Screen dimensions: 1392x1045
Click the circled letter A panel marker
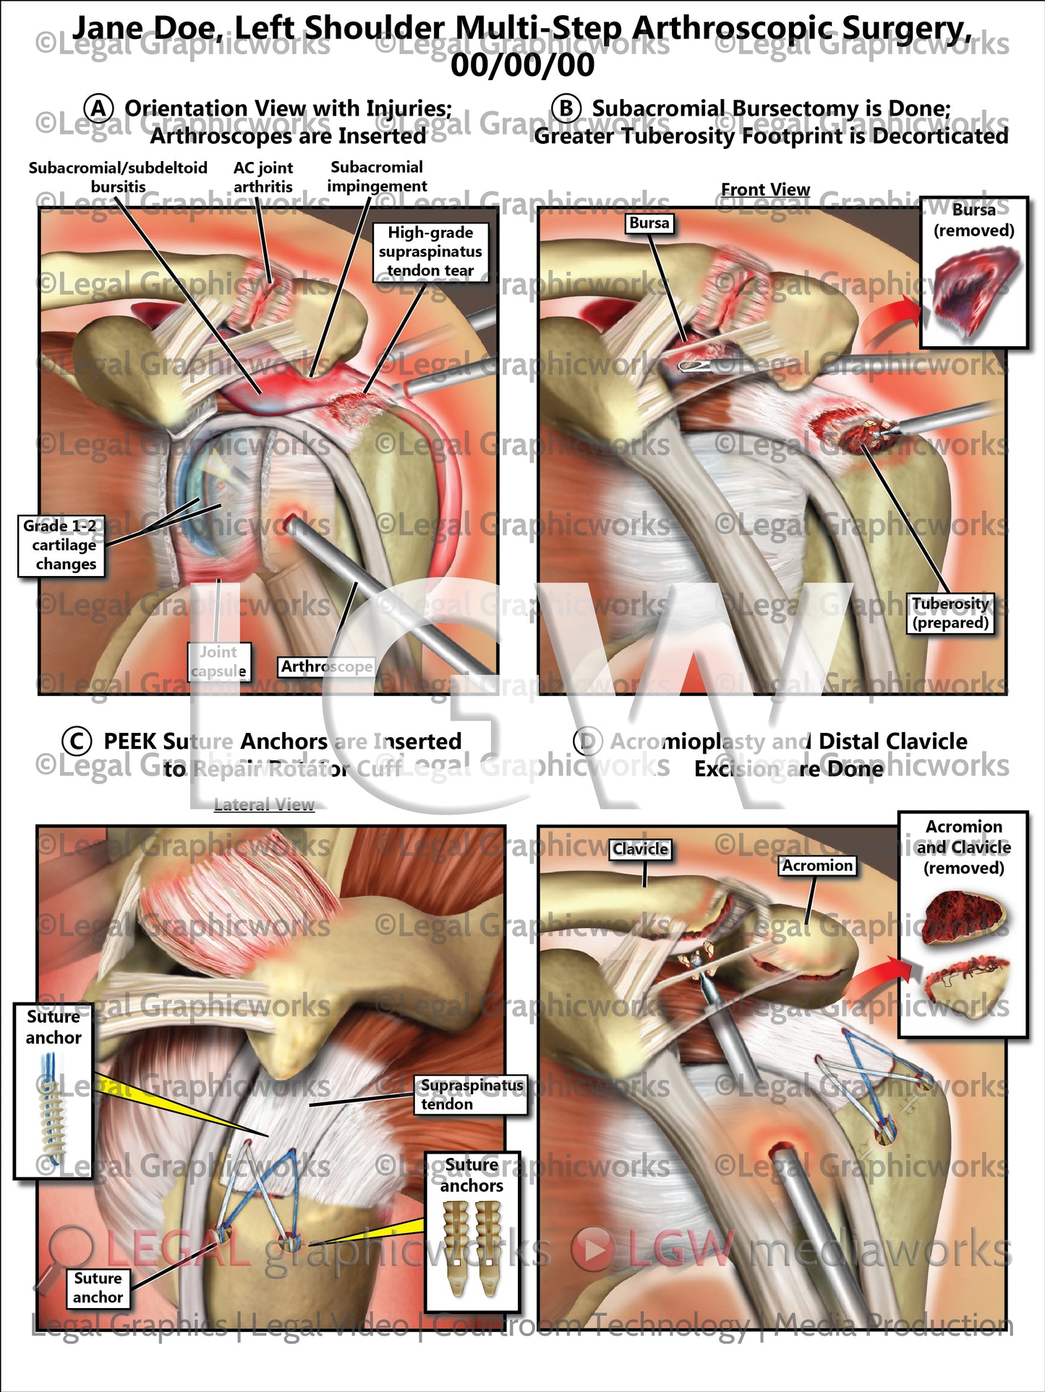98,109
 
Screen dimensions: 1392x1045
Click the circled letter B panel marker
566,109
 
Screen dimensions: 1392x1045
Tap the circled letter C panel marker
77,742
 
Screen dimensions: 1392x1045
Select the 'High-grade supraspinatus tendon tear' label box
430,252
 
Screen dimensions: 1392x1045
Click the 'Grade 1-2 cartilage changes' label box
61,545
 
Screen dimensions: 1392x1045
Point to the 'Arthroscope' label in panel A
327,666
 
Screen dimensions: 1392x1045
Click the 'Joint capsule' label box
218,661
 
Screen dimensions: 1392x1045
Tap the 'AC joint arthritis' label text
263,177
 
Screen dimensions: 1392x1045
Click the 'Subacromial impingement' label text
377,176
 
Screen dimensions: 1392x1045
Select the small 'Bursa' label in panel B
649,223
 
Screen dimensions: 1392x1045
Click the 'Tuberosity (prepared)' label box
950,613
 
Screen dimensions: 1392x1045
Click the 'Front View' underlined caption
765,189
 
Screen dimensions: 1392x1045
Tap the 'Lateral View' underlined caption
264,804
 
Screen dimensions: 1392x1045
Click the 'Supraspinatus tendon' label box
472,1094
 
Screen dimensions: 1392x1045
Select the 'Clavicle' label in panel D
640,849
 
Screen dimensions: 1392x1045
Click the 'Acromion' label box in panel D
817,865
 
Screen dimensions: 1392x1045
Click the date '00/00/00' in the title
522,65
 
